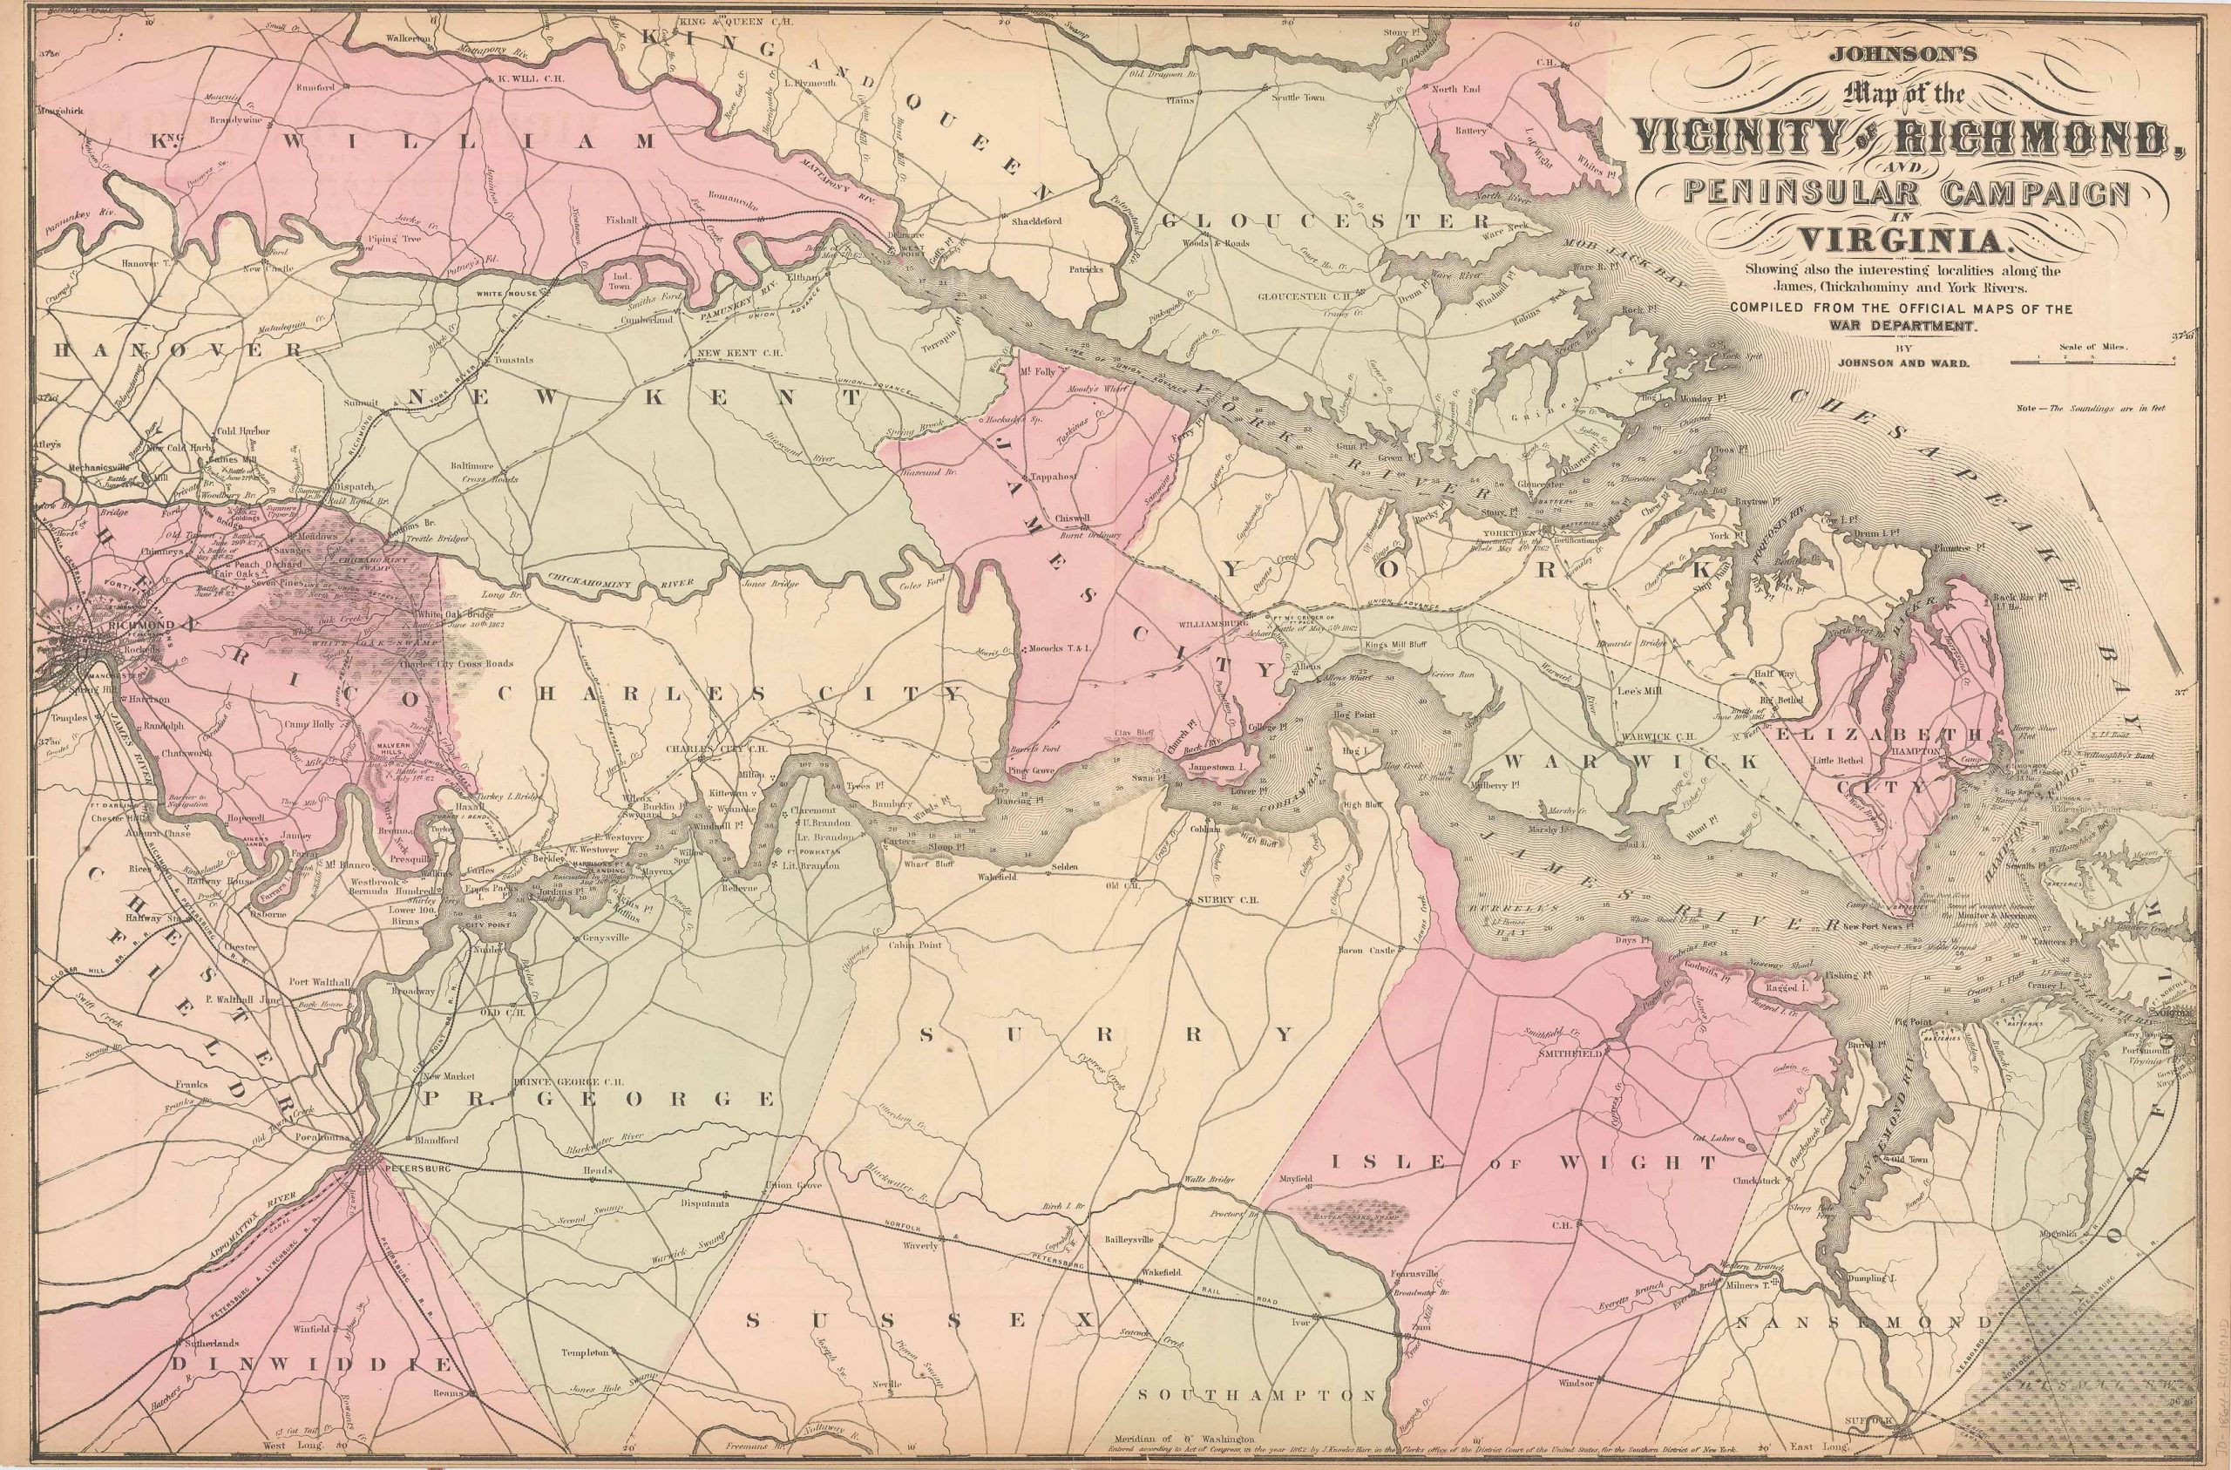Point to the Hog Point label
(1353, 714)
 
